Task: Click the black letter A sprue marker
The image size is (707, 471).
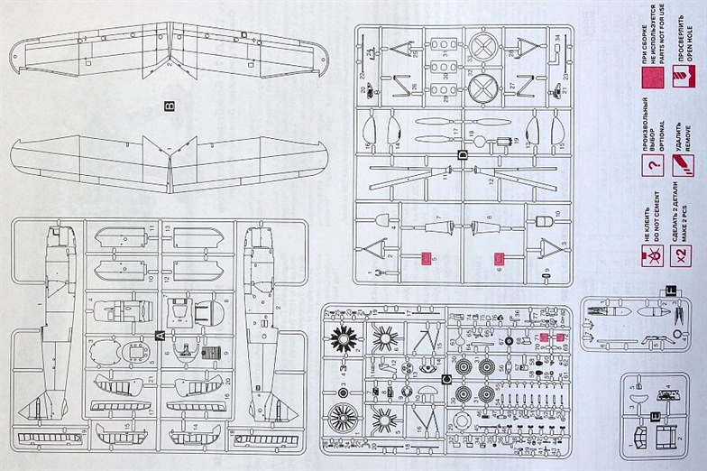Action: pos(161,335)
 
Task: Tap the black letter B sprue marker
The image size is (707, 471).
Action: pos(170,106)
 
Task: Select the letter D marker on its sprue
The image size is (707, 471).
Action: pos(463,154)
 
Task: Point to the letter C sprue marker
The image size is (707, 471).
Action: pos(447,377)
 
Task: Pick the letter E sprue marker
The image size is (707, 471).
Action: pos(656,415)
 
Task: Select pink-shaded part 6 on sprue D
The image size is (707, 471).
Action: pos(499,260)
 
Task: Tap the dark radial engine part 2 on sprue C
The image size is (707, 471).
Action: pos(344,340)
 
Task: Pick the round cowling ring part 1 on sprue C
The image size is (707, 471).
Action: pos(344,418)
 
